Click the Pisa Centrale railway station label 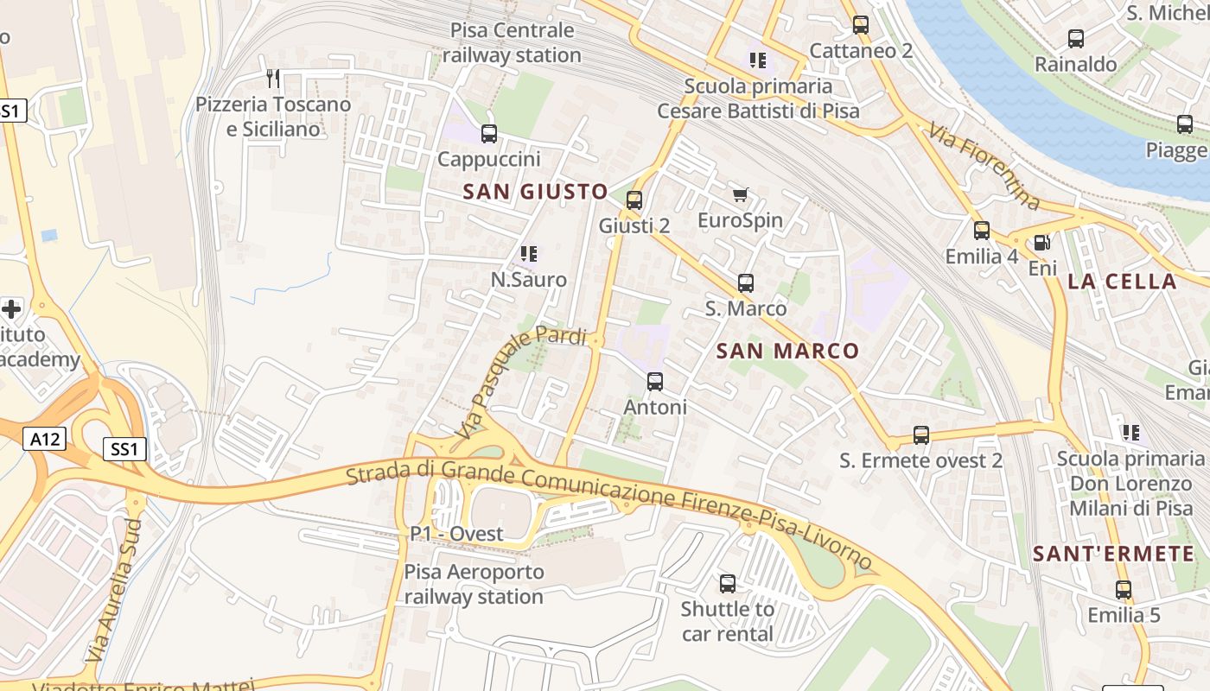coord(513,43)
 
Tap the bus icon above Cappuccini coord(489,134)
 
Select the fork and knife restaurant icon coord(273,79)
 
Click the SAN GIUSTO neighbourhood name coord(535,192)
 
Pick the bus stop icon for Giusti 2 coord(634,200)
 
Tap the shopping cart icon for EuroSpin coord(740,195)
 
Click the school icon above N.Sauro coord(529,254)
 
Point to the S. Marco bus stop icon coord(746,283)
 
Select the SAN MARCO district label coord(788,351)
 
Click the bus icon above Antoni coord(655,382)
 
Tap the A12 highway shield coord(44,440)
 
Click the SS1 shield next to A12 coord(124,449)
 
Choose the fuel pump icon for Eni coord(1042,243)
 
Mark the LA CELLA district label coord(1122,282)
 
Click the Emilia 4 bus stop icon coord(982,231)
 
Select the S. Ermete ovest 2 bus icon coord(921,435)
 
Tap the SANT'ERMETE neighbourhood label coord(1114,555)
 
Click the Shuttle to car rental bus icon coord(728,584)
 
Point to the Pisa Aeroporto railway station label coord(474,584)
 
